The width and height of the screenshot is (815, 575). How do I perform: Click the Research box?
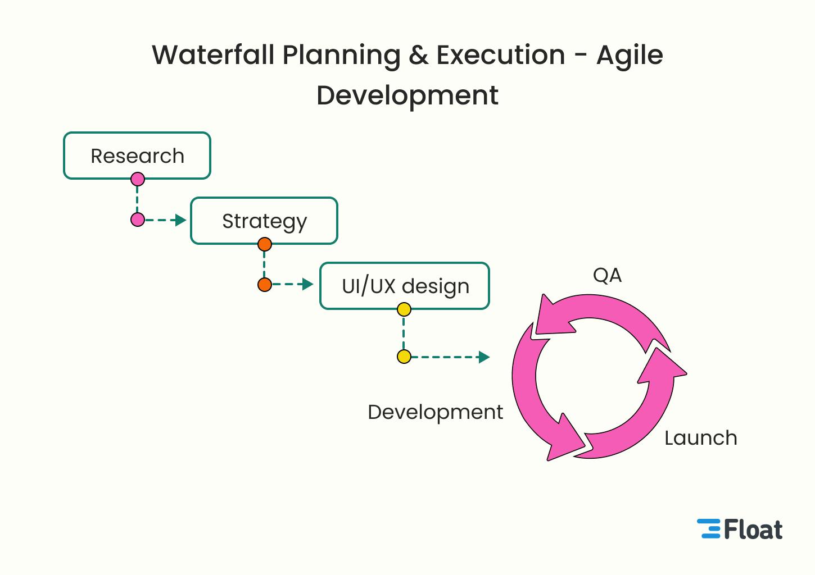tap(137, 156)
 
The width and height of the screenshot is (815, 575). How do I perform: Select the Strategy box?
tap(264, 221)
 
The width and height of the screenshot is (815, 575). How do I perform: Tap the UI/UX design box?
tap(405, 286)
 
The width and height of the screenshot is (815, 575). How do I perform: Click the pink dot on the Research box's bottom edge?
tap(138, 179)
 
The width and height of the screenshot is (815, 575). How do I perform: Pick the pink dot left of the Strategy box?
tap(138, 220)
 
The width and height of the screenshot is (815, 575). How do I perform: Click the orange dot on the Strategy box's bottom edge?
tap(265, 244)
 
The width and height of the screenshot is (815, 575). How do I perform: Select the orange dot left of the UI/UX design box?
tap(265, 285)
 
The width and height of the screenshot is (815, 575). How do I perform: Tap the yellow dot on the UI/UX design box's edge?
tap(404, 309)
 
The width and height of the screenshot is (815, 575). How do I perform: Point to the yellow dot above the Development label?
tap(404, 357)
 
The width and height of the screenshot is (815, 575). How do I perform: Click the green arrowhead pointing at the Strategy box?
tap(180, 220)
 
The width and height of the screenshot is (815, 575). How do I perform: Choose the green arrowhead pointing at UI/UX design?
tap(307, 284)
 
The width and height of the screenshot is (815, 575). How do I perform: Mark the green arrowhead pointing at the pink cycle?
tap(484, 357)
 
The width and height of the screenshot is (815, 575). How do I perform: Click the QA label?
tap(607, 275)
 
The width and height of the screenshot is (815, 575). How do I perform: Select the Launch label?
tap(700, 438)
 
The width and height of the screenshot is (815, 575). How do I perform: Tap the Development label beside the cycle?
tap(435, 412)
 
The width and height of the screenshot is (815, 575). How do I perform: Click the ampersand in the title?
tap(418, 55)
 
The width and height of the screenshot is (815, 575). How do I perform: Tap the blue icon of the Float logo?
tap(709, 529)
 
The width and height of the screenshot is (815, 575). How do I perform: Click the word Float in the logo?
tap(753, 530)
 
